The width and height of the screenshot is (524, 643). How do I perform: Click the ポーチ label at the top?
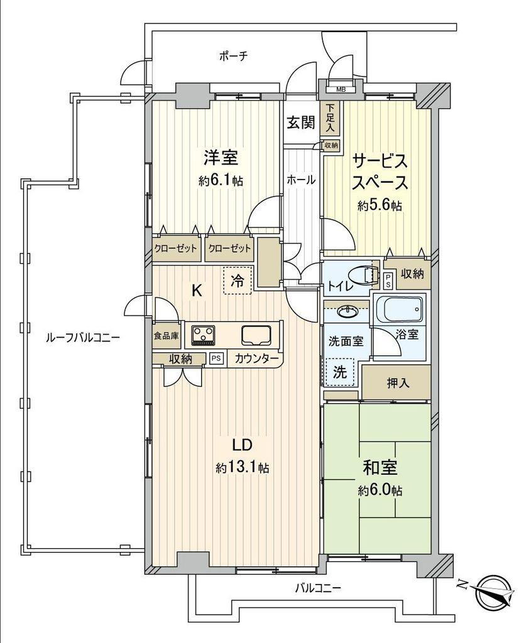click(x=233, y=56)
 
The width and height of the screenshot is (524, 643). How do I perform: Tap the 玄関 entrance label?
click(x=301, y=122)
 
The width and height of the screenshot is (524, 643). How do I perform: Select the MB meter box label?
click(x=341, y=89)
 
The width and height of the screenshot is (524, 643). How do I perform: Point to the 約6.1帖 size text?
click(x=221, y=180)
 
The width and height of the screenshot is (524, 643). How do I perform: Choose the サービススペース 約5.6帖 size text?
click(x=379, y=205)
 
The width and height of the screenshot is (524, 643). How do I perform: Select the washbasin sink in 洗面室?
click(x=348, y=311)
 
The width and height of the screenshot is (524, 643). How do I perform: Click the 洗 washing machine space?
click(x=340, y=372)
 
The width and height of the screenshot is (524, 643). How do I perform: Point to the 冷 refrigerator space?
click(x=237, y=281)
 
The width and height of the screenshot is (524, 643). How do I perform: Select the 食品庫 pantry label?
click(x=166, y=336)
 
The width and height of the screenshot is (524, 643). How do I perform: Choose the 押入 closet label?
click(x=398, y=383)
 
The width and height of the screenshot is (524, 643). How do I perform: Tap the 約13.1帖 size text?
click(x=243, y=467)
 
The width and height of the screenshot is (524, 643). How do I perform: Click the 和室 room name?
click(x=379, y=467)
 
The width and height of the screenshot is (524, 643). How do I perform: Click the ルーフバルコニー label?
click(x=82, y=338)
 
